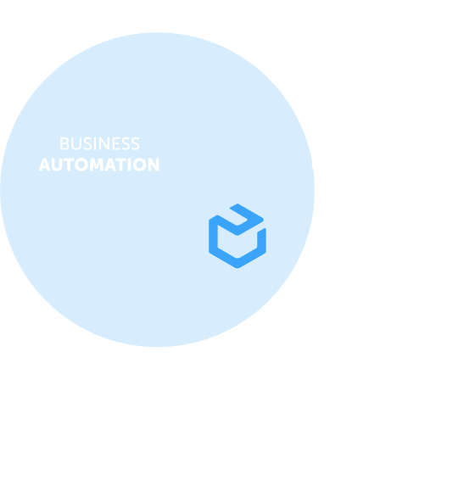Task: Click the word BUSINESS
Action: [100, 143]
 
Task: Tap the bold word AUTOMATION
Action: [99, 165]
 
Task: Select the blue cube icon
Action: [237, 236]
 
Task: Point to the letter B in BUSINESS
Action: [64, 143]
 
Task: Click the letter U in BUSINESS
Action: [76, 143]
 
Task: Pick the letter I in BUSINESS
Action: [95, 143]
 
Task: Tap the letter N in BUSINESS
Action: [104, 143]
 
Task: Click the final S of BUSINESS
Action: [136, 143]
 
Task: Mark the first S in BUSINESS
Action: [87, 143]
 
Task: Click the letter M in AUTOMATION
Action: [97, 165]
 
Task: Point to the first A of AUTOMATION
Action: [45, 165]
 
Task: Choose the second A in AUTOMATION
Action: [110, 165]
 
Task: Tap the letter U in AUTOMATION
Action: [57, 165]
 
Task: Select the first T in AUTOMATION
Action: [69, 165]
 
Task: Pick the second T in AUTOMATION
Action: [121, 165]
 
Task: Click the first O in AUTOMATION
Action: [81, 165]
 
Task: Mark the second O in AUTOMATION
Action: [139, 165]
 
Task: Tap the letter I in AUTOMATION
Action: [129, 165]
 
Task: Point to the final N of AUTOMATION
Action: [154, 165]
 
